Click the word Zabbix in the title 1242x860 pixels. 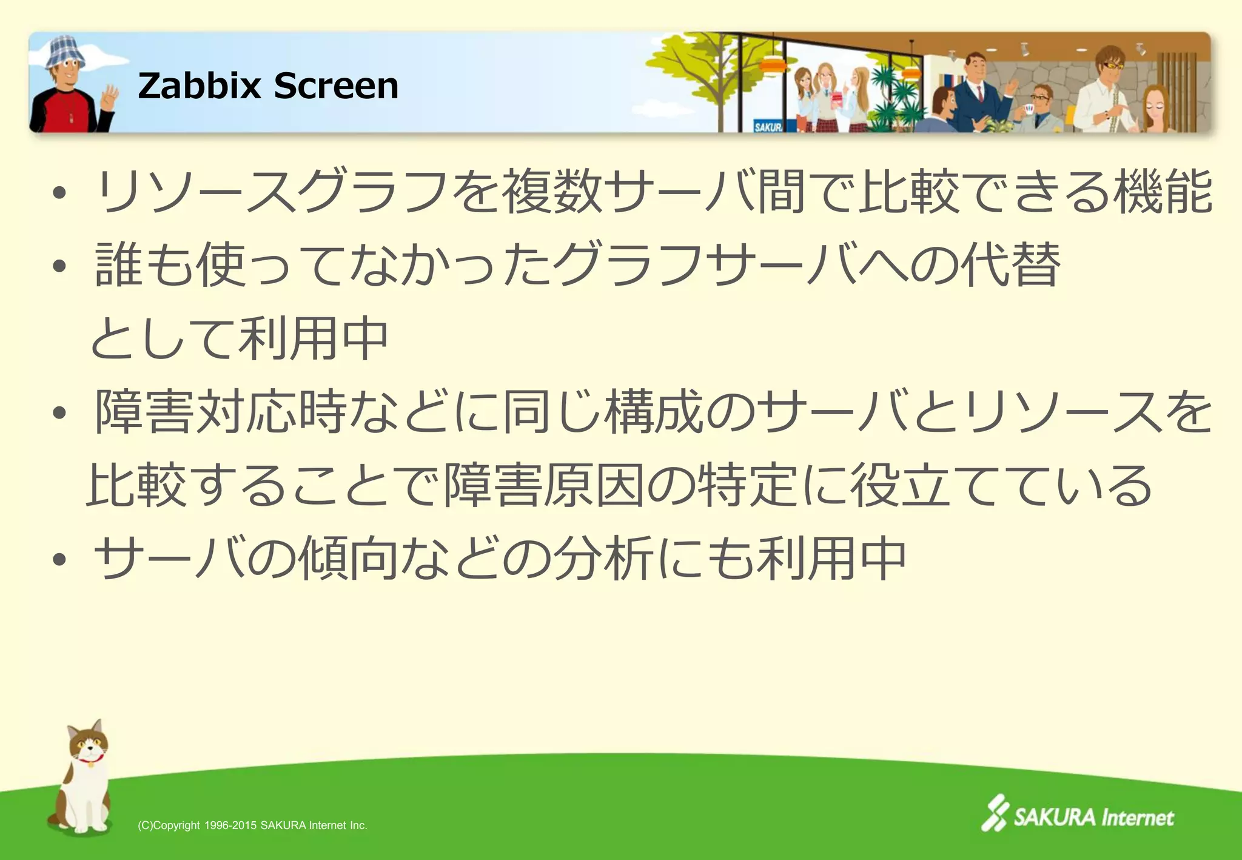[200, 86]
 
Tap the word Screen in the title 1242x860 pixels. [336, 86]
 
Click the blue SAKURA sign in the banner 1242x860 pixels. [767, 126]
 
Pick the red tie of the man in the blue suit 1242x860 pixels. [980, 93]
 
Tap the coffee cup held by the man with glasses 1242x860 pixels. [1029, 109]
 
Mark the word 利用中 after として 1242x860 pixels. [313, 338]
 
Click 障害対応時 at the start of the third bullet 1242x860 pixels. [221, 412]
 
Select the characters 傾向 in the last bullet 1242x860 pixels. [349, 558]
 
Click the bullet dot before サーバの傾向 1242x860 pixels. [59, 559]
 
